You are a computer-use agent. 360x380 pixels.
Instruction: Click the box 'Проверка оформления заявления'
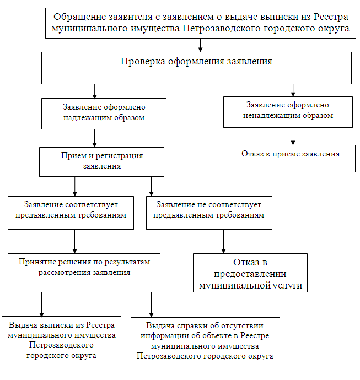tap(196, 68)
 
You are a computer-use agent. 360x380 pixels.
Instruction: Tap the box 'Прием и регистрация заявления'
tap(101, 161)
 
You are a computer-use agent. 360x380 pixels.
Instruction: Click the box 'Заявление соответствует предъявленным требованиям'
tap(71, 212)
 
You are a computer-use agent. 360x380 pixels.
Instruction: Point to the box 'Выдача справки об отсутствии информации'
tap(205, 346)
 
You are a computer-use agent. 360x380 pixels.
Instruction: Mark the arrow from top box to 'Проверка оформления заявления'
tap(201, 45)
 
